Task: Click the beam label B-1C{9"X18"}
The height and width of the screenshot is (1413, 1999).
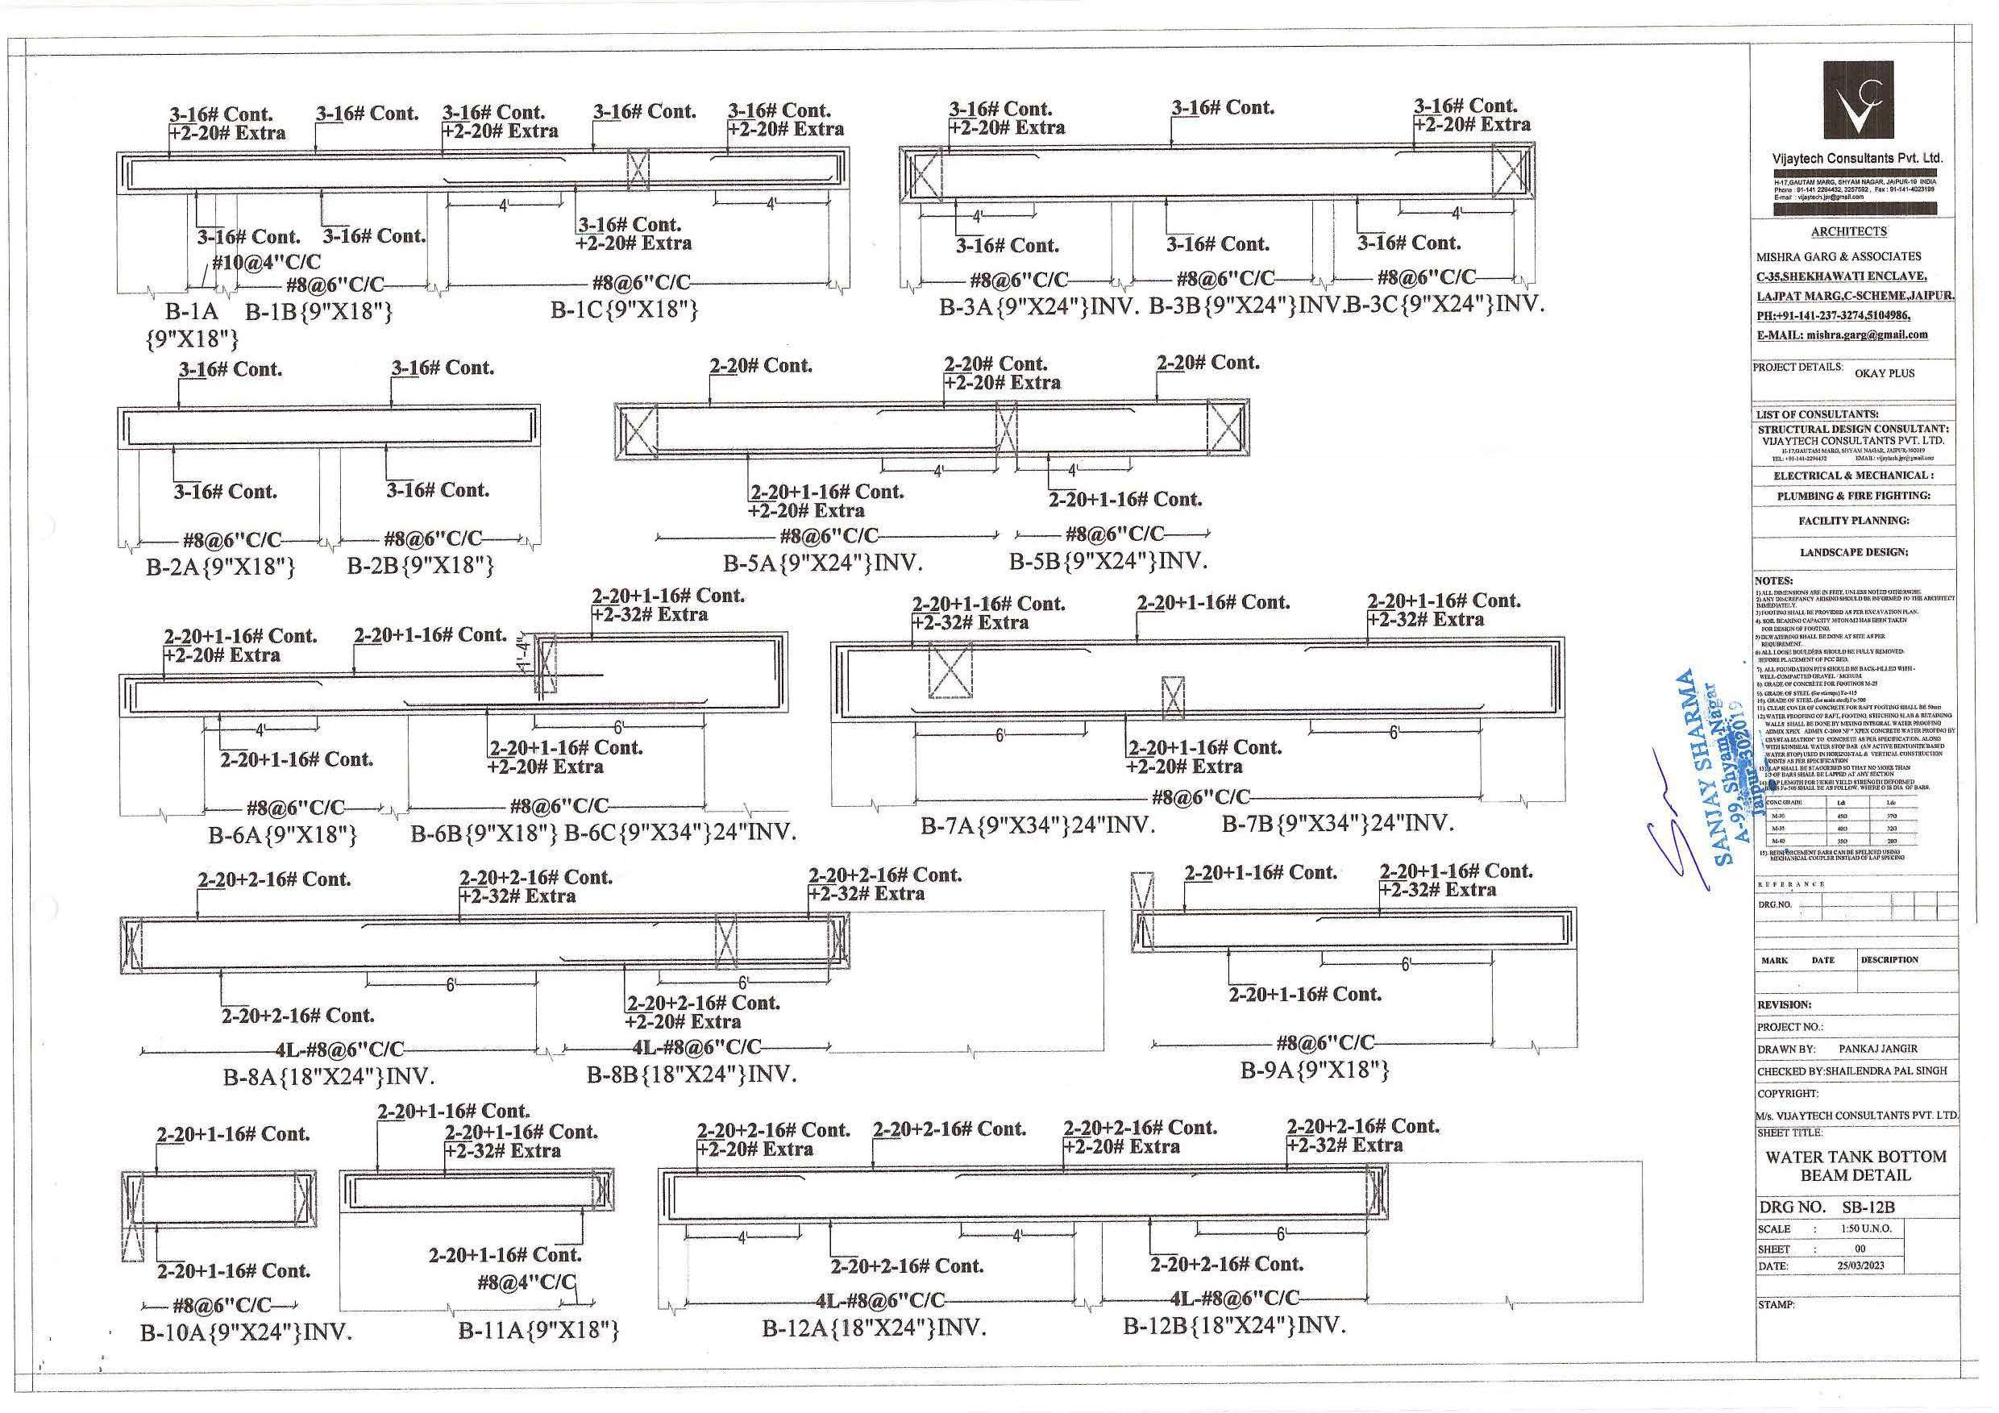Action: coord(623,309)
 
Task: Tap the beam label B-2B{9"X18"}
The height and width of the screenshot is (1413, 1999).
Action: coord(421,566)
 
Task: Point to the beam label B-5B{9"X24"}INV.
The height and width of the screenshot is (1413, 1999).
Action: coord(1108,562)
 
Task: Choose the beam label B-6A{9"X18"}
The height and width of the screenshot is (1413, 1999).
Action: coord(282,835)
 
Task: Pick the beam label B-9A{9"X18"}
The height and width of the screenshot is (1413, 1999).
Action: coord(1314,1070)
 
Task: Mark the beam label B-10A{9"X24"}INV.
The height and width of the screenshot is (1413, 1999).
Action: coord(246,1333)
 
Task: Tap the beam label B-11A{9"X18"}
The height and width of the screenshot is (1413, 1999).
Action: coord(538,1330)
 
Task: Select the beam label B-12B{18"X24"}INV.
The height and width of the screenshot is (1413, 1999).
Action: coord(1234,1326)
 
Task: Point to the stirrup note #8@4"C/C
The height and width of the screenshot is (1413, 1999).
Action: coord(526,1282)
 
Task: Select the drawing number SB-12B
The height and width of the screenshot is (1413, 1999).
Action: coord(1868,1207)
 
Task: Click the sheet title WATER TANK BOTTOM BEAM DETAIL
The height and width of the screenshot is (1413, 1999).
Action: coord(1856,1166)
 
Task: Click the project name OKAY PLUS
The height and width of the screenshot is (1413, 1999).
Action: coord(1884,373)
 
